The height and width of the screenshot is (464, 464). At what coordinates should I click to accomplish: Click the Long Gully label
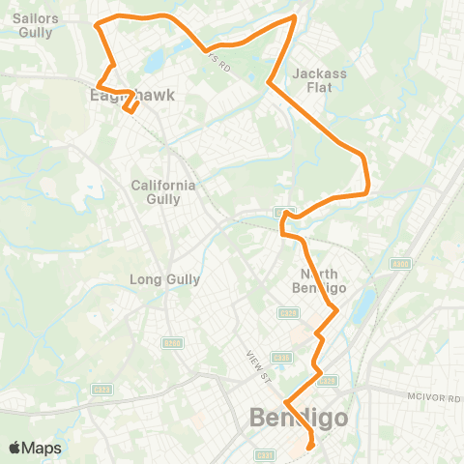[x=164, y=279]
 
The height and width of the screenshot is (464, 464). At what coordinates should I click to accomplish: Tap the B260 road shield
[x=172, y=341]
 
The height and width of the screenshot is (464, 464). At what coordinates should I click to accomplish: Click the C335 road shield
[x=287, y=313]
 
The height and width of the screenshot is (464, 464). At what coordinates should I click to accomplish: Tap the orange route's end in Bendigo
[x=310, y=447]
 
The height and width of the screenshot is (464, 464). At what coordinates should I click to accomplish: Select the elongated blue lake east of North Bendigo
[x=362, y=306]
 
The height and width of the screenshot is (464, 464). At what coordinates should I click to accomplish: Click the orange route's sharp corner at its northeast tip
[x=294, y=17]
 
